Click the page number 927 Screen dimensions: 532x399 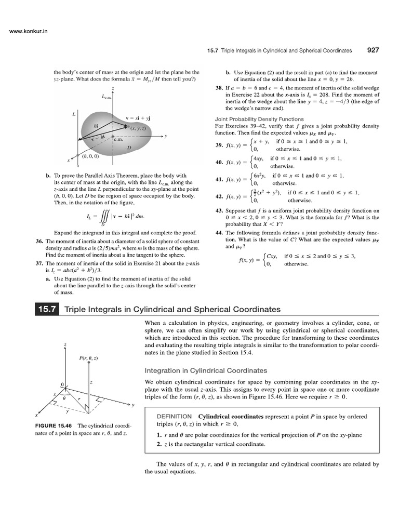point(373,50)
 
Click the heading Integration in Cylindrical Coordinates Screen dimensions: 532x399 point(206,370)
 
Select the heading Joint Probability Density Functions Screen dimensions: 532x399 point(251,119)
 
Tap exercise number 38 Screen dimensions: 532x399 point(219,88)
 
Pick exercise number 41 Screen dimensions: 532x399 point(219,180)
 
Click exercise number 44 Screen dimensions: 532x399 point(219,233)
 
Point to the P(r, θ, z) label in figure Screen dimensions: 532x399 point(89,358)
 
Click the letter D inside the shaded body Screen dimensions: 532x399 point(128,148)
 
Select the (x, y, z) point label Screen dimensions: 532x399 point(140,128)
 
